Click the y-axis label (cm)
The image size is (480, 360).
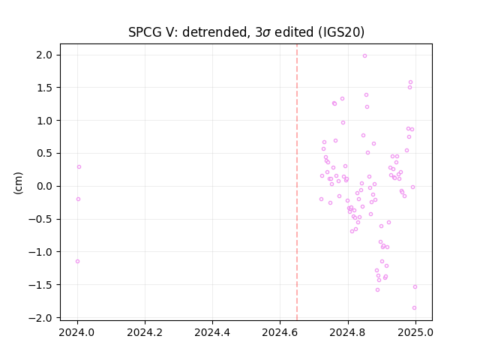[18, 183]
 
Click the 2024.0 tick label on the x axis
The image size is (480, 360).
[77, 332]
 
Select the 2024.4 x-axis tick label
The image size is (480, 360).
[212, 332]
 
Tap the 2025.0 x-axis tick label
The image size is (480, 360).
[415, 332]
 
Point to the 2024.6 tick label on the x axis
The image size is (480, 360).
[280, 332]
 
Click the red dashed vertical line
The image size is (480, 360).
[297, 182]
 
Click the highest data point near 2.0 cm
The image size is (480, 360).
[364, 56]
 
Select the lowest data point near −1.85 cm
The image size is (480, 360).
[414, 308]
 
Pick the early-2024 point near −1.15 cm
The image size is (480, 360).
[77, 262]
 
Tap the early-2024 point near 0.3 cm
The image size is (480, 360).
[79, 166]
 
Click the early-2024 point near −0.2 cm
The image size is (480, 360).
[78, 199]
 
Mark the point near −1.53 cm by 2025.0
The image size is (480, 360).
[415, 286]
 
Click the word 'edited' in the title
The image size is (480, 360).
[294, 32]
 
